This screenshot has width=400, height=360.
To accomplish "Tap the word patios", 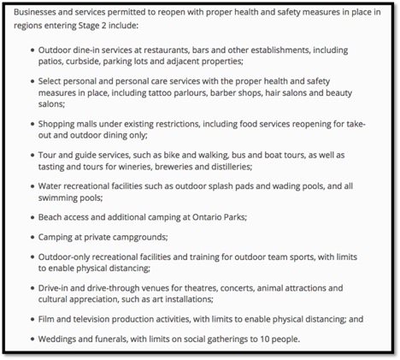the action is click(52, 63).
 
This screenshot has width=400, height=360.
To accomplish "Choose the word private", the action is click(106, 236).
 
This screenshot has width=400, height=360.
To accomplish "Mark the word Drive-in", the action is click(55, 288).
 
